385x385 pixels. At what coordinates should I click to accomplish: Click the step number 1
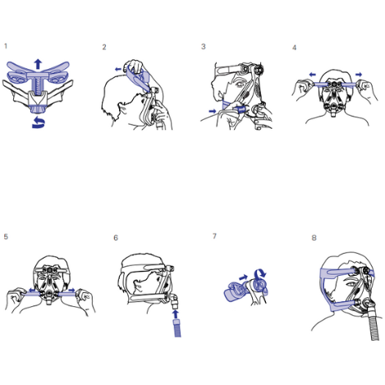pos(6,46)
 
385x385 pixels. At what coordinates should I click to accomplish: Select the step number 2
pos(104,47)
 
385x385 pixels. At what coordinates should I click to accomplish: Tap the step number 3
pos(204,47)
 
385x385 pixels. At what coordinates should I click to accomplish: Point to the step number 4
pos(295,48)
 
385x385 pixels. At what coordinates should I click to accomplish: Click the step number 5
pos(6,236)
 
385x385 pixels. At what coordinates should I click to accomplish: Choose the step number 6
pos(116,238)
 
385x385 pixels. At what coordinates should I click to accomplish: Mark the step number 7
pos(214,236)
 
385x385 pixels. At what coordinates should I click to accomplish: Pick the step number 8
pos(314,238)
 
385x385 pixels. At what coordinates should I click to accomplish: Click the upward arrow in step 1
pos(38,64)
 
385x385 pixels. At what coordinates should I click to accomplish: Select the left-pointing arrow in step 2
pos(118,69)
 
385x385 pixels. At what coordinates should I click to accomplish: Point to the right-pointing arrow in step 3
pos(212,111)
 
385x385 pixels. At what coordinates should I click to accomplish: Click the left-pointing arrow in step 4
pos(312,75)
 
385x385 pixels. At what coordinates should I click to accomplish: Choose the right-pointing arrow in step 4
pos(359,74)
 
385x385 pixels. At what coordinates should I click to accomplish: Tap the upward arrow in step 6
pos(176,314)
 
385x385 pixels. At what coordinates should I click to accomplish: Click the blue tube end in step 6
pos(177,328)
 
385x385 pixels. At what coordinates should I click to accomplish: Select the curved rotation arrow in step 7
pos(260,273)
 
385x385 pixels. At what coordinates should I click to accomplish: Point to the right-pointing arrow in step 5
pos(71,290)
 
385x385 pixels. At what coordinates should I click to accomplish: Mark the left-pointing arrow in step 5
pos(32,290)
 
